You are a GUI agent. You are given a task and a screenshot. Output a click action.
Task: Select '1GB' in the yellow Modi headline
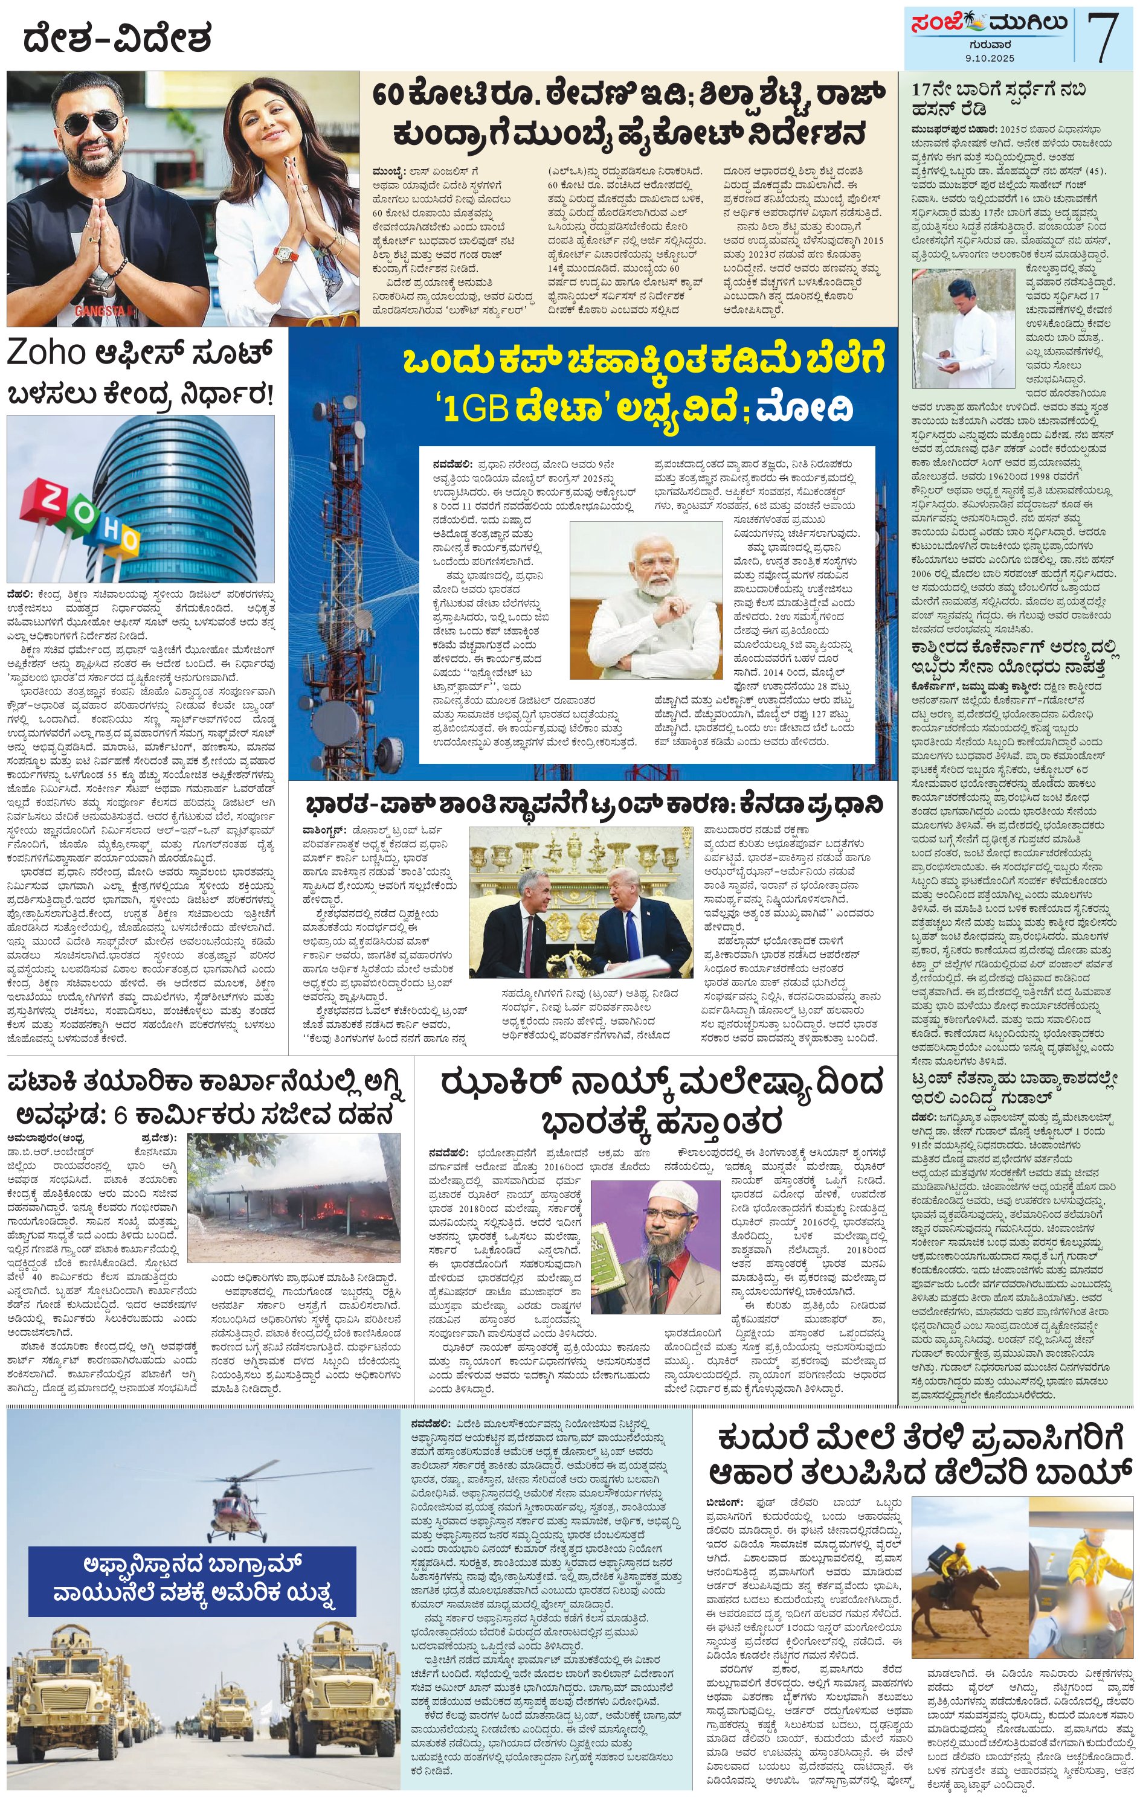point(472,409)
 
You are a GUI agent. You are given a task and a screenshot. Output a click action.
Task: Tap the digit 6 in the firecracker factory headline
point(121,1117)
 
